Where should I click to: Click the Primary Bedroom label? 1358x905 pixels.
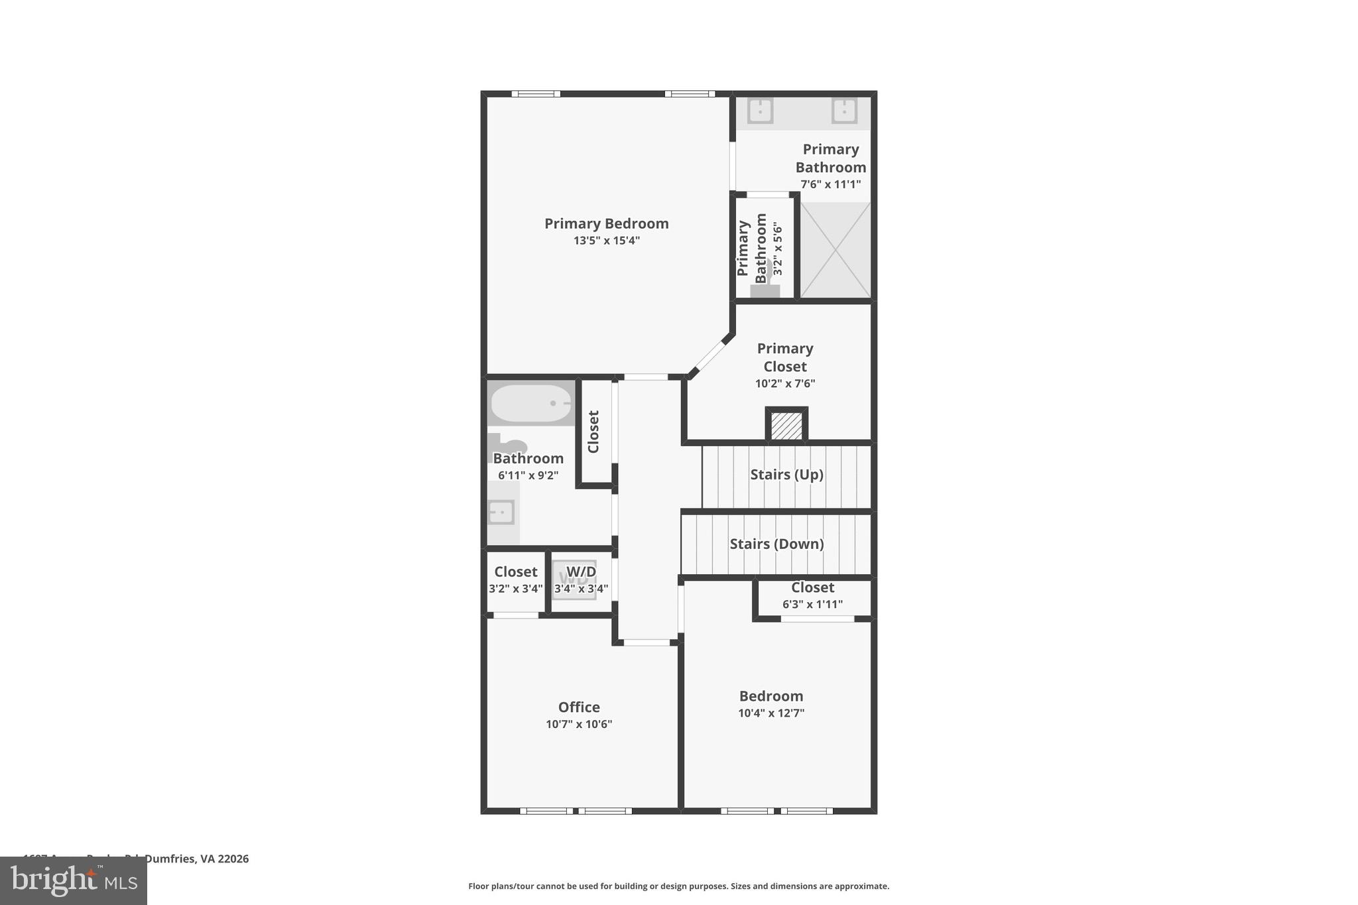(606, 223)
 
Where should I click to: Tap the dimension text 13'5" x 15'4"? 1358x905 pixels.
(606, 241)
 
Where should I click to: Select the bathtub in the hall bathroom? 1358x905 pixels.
(530, 403)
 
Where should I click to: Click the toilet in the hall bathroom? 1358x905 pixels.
(509, 446)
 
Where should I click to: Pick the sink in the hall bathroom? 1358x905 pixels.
(501, 513)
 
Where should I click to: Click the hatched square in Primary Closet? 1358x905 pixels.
(786, 426)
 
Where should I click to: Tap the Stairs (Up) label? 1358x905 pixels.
(786, 475)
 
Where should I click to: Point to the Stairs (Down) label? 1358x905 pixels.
(776, 544)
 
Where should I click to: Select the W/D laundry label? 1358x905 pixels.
(581, 572)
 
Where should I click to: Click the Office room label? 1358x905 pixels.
(579, 707)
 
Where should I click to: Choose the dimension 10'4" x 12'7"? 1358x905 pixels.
(771, 713)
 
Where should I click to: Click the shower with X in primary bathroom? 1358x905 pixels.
(835, 250)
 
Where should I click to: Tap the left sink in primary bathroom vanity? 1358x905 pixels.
(760, 111)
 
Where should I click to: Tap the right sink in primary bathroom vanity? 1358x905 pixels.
(844, 111)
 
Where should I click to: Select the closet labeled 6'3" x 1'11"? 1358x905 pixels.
(812, 596)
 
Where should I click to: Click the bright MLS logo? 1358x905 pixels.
(74, 880)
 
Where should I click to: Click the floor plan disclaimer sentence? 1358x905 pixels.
(678, 886)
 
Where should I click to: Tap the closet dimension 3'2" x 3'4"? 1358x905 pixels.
(515, 589)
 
